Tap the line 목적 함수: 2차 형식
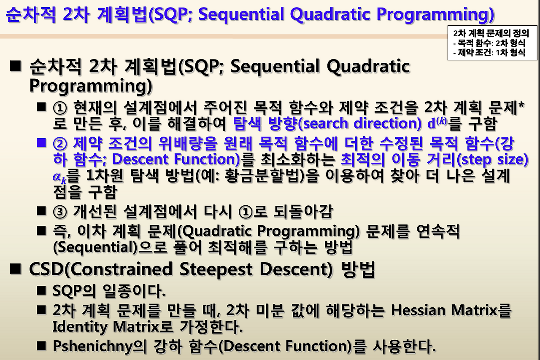pos(489,43)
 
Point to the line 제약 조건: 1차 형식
pos(489,52)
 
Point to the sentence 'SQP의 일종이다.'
pos(109,291)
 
